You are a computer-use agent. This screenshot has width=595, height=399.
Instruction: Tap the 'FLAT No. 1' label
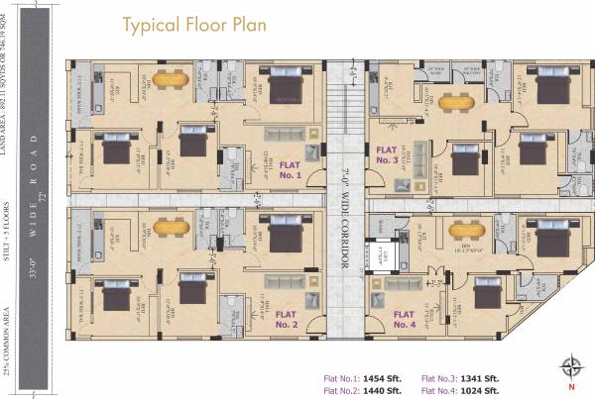(x=291, y=169)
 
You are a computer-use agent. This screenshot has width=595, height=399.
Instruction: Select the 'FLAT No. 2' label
(x=287, y=318)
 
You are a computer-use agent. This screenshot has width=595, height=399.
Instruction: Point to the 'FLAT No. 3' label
(x=388, y=153)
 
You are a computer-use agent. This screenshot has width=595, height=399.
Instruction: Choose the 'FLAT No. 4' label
(x=404, y=318)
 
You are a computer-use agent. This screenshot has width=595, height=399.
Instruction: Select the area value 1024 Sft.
(x=484, y=390)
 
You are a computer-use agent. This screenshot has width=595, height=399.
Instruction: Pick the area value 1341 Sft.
(x=484, y=378)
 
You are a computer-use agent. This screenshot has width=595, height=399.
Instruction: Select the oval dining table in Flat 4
(x=465, y=230)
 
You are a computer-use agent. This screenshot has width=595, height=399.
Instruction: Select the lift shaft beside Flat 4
(x=382, y=254)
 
